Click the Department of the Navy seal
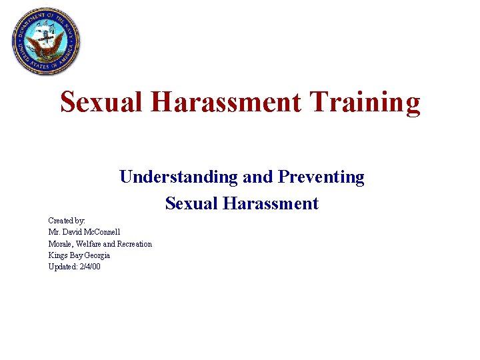(46, 41)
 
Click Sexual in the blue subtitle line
(192, 203)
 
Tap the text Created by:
(67, 220)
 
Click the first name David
(73, 232)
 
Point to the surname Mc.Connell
(103, 232)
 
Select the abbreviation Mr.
(54, 232)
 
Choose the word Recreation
(135, 244)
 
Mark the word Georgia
(97, 255)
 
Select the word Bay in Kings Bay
(75, 255)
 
